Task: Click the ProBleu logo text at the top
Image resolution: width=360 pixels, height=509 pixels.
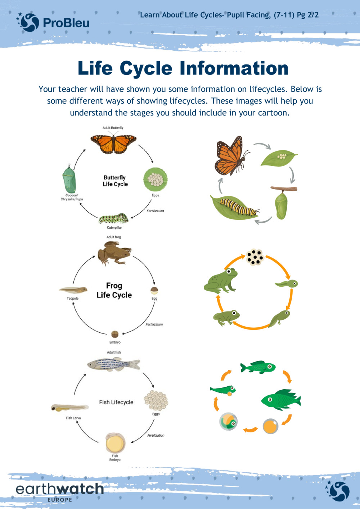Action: click(x=66, y=23)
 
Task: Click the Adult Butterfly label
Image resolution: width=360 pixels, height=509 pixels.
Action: click(x=113, y=128)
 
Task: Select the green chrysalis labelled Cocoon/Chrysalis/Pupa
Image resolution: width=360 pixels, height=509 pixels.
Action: click(x=68, y=179)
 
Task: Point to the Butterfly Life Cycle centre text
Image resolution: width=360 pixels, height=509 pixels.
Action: click(x=115, y=181)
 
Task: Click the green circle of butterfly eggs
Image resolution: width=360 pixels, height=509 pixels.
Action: click(x=156, y=179)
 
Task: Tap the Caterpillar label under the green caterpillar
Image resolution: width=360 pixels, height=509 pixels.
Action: click(x=114, y=228)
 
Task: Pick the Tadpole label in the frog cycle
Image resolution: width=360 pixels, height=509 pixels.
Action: click(x=72, y=299)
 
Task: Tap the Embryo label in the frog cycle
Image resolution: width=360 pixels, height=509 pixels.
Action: click(x=115, y=342)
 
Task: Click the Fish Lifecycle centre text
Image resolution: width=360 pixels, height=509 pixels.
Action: click(x=116, y=402)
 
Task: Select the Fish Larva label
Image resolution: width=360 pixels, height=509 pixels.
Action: click(x=73, y=418)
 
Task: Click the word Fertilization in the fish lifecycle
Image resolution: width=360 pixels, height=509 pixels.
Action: click(x=156, y=435)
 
